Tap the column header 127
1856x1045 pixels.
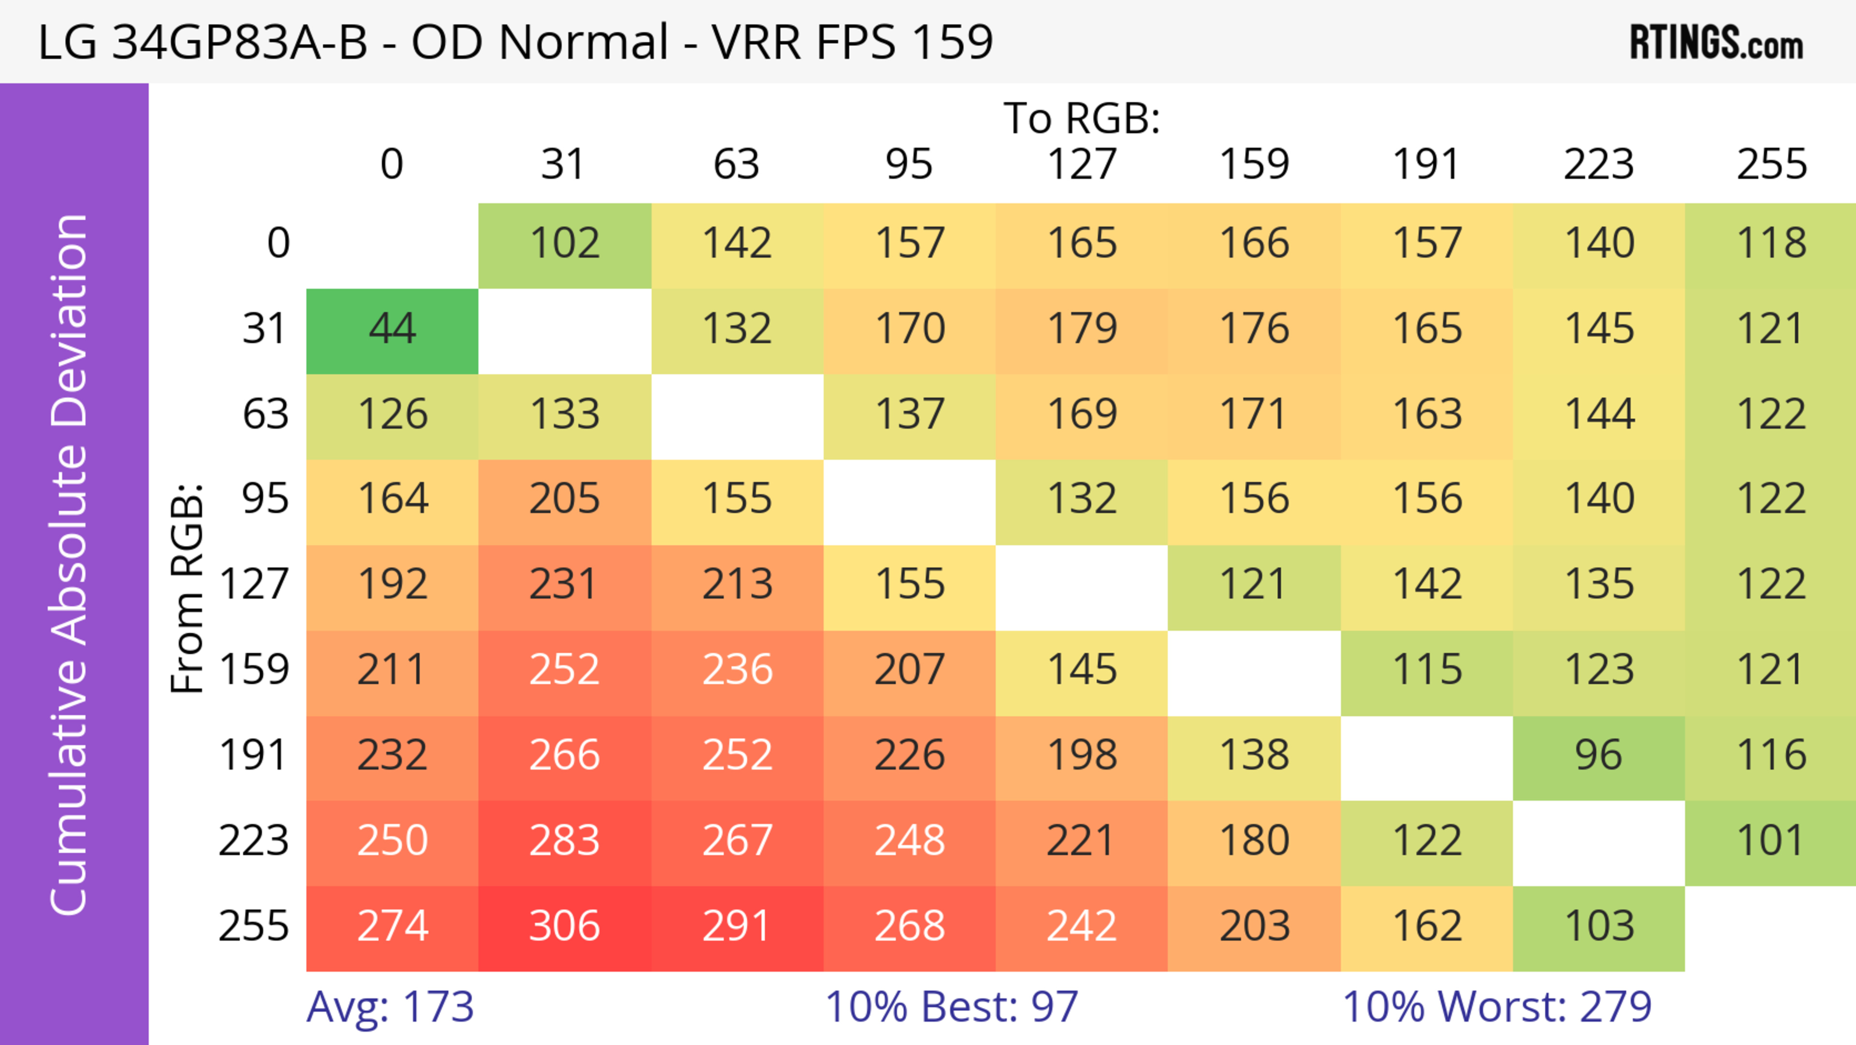(x=1082, y=164)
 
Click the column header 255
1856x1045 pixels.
(x=1771, y=164)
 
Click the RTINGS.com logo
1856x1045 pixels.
(x=1716, y=43)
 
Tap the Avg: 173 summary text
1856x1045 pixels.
(x=390, y=1007)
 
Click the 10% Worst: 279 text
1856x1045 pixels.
(x=1496, y=1007)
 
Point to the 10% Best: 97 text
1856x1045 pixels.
(x=951, y=1007)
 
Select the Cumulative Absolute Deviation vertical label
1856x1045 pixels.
(x=70, y=564)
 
